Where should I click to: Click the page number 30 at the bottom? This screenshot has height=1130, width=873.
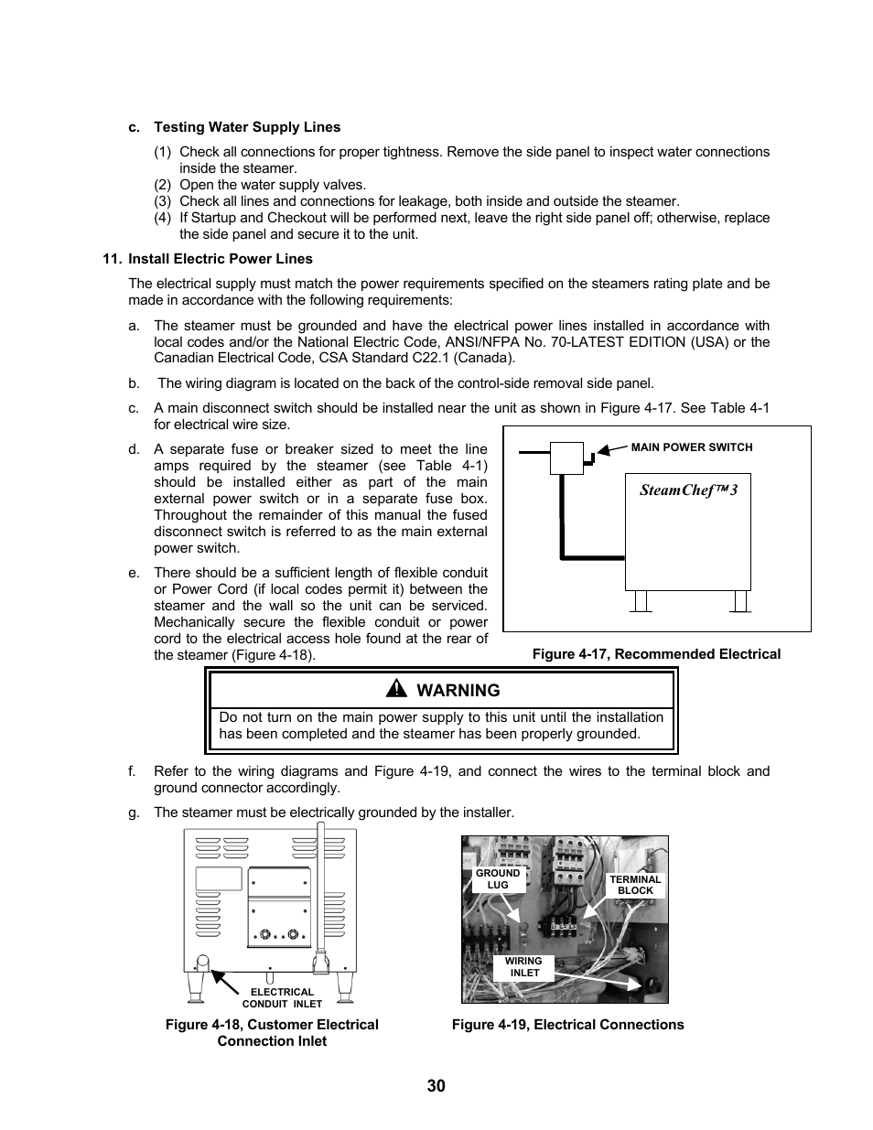pyautogui.click(x=436, y=1086)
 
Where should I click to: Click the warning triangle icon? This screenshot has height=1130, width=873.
pyautogui.click(x=399, y=690)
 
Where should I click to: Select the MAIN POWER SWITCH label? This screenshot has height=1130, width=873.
pyautogui.click(x=692, y=447)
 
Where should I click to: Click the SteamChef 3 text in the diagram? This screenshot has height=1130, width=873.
pyautogui.click(x=688, y=490)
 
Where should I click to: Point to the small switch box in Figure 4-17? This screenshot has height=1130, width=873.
pyautogui.click(x=566, y=458)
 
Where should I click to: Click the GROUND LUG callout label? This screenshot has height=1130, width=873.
pyautogui.click(x=498, y=879)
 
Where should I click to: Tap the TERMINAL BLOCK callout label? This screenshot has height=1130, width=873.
pyautogui.click(x=635, y=885)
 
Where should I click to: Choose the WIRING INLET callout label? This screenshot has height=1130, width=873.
pyautogui.click(x=523, y=967)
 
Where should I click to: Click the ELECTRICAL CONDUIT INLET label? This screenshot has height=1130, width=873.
pyautogui.click(x=282, y=997)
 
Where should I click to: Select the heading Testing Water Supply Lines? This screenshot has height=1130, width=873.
pyautogui.click(x=247, y=127)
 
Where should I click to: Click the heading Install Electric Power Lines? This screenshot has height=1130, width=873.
pyautogui.click(x=220, y=259)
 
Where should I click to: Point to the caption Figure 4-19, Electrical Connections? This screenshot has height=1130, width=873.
pyautogui.click(x=567, y=1025)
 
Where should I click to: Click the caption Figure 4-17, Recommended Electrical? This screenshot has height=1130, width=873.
pyautogui.click(x=656, y=654)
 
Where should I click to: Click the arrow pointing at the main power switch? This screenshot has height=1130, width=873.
pyautogui.click(x=609, y=449)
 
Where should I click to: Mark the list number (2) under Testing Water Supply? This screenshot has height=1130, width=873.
pyautogui.click(x=163, y=185)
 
